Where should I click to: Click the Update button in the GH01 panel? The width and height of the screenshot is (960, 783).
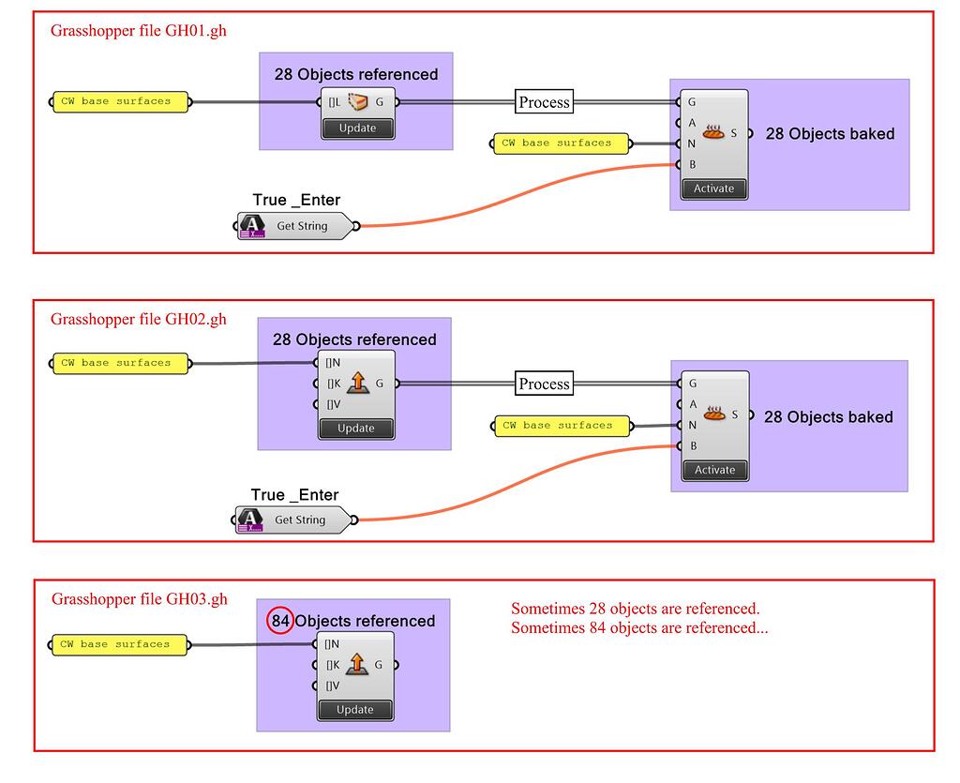coord(357,128)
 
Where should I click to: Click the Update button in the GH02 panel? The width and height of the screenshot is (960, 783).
coord(355,429)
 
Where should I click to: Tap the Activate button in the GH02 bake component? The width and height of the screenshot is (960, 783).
coord(714,470)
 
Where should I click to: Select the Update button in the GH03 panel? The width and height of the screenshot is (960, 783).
coord(355,710)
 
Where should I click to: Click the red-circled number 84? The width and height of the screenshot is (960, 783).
coord(279,621)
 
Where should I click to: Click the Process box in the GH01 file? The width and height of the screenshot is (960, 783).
coord(544,102)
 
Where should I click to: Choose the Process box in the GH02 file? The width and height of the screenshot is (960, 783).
coord(544,384)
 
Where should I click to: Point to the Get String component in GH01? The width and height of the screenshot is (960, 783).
coord(297,226)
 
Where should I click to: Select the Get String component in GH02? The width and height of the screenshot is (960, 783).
coord(296,519)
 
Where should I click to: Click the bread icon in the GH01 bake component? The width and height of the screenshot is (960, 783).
coord(713,133)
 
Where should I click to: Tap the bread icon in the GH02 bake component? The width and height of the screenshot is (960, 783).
coord(714,414)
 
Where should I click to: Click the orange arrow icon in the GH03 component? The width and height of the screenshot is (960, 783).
coord(357,665)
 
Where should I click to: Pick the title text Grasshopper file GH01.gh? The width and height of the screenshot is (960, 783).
coord(138,31)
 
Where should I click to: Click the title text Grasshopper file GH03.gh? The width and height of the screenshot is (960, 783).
coord(139,599)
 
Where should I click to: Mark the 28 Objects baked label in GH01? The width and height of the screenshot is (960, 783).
coord(830,134)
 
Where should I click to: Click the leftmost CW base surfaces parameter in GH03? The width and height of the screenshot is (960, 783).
coord(120,644)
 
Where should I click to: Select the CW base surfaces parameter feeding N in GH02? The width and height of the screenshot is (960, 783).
coord(562,426)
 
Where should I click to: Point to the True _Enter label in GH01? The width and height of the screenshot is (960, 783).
coord(296,200)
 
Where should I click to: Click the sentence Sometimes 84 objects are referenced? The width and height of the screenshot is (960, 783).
coord(639,628)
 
